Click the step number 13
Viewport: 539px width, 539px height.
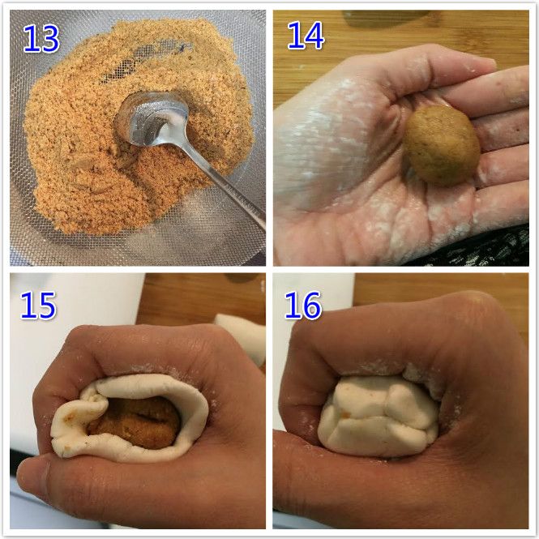click(x=41, y=39)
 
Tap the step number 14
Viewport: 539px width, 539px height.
click(x=306, y=36)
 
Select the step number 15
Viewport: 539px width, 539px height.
click(x=38, y=306)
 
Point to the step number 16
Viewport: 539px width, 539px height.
click(x=303, y=306)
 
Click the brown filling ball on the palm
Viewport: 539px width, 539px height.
click(x=442, y=145)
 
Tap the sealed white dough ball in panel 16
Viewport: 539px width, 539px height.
click(x=379, y=416)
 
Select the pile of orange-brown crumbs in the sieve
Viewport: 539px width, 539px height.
click(x=138, y=130)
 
